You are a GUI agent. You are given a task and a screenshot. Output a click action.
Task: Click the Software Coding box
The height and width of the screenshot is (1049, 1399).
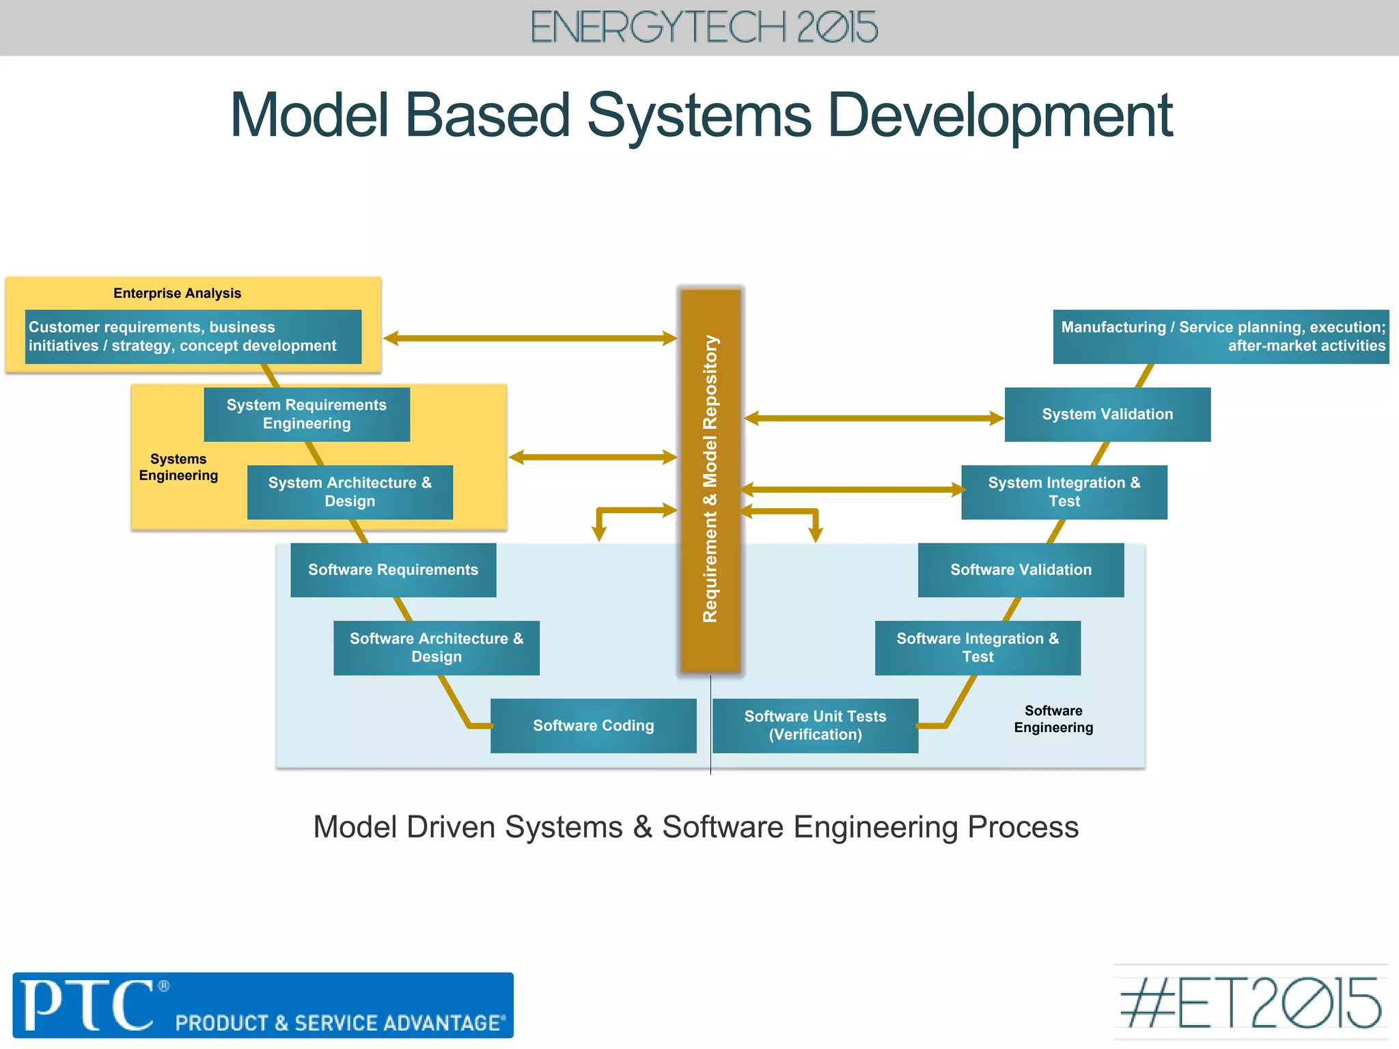tap(593, 725)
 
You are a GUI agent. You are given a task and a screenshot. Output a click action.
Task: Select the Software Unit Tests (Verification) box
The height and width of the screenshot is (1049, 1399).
tap(815, 725)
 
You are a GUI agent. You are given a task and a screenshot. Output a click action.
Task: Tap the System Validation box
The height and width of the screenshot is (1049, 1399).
tap(1107, 415)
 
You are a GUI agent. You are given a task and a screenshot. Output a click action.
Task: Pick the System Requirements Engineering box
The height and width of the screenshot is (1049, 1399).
tap(307, 415)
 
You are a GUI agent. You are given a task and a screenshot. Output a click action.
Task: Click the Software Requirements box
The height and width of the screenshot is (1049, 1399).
tap(393, 570)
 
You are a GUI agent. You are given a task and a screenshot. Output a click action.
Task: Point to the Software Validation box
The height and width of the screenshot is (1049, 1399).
tap(1021, 570)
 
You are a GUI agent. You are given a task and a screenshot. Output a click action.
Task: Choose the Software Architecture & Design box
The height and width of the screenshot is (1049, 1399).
tap(437, 647)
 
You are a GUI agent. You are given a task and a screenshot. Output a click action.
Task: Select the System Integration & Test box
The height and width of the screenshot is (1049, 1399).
tap(1064, 492)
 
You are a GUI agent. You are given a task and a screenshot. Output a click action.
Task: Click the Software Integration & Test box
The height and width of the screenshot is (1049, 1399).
tap(978, 647)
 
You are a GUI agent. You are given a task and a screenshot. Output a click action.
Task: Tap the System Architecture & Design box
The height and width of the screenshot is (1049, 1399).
tap(350, 492)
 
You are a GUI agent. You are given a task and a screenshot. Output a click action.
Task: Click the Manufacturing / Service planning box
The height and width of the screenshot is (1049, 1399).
tap(1221, 337)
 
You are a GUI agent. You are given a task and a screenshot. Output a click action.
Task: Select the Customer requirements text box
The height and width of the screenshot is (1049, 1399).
tap(193, 337)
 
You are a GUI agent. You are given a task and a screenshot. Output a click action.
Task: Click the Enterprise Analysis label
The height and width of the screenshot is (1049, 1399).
tap(177, 293)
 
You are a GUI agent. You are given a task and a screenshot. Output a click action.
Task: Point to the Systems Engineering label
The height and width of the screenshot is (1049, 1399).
tap(178, 467)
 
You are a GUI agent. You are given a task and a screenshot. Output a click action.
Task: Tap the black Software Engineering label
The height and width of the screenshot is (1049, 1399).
tap(1053, 719)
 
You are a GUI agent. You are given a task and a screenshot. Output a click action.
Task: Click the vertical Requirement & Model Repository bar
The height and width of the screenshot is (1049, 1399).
tap(710, 478)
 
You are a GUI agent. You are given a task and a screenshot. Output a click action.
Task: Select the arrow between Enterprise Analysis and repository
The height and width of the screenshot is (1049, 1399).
tap(530, 338)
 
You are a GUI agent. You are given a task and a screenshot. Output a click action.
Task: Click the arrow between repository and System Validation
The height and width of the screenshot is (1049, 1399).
tap(874, 418)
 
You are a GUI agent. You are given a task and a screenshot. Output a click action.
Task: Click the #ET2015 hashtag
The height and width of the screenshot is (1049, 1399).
tap(1251, 1003)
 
